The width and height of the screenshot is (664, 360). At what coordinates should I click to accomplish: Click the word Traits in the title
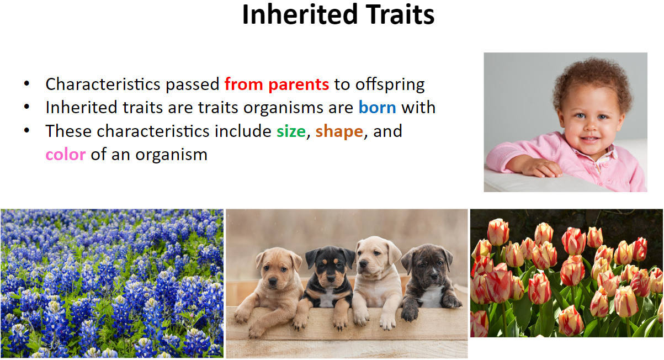tap(400, 14)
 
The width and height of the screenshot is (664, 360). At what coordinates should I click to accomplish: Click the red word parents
tap(299, 85)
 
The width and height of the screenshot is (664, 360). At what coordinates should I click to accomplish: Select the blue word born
tap(378, 107)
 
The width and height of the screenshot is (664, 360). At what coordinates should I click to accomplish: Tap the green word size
tap(291, 131)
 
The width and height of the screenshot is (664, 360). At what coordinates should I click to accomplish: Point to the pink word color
tap(66, 155)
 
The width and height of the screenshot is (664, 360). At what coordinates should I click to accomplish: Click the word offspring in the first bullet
tap(390, 85)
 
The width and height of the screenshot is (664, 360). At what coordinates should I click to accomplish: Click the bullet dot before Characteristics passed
tap(26, 83)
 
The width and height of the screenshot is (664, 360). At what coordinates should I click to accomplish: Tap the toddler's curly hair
tap(593, 80)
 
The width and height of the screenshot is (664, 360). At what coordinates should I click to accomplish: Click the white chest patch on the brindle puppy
tap(431, 295)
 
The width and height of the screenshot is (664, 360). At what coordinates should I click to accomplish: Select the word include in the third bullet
tap(243, 131)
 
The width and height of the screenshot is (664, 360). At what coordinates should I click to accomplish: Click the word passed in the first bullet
tap(193, 85)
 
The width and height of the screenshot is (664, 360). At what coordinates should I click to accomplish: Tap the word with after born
tap(418, 107)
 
